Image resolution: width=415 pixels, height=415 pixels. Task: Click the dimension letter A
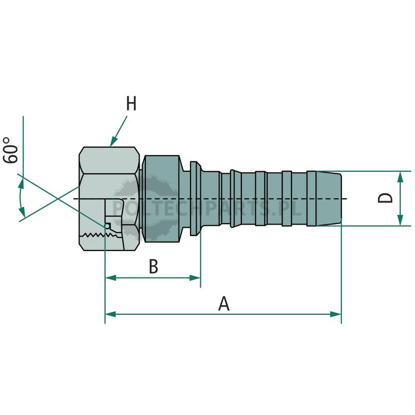224,303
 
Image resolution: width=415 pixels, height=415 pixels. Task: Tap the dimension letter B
154,266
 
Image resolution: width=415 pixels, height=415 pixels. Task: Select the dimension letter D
385,198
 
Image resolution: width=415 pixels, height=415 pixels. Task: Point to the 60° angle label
10,150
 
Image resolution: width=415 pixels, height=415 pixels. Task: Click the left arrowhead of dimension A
110,314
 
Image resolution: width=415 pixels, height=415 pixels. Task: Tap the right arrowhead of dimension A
336,314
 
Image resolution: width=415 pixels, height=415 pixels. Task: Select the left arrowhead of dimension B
110,278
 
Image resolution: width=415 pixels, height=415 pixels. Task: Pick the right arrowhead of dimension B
195,278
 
